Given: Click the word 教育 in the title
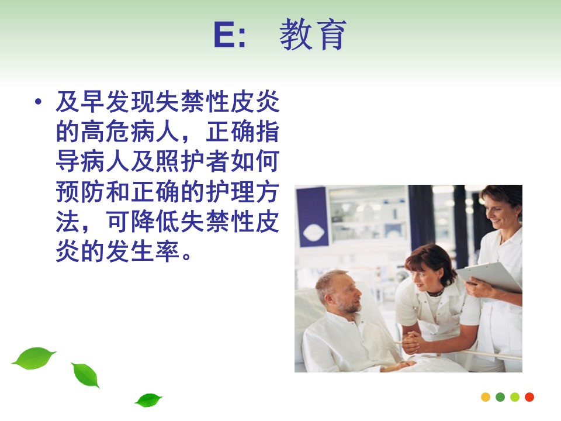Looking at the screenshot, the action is (313, 34).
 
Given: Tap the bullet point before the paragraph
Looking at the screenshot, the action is (38, 102).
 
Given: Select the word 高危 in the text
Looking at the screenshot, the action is (105, 132).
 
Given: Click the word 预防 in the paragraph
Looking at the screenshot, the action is (80, 192).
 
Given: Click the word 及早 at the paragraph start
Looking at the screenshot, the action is (80, 102).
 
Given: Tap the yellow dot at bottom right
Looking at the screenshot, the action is (486, 397).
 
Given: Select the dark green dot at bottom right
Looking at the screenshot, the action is (500, 397).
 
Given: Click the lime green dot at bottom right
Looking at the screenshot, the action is (515, 397).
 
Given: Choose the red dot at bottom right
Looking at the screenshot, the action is (529, 397).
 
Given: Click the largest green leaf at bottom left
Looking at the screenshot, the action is (34, 358).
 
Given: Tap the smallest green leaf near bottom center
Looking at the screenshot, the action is (148, 400).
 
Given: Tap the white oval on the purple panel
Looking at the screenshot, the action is (313, 233).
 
